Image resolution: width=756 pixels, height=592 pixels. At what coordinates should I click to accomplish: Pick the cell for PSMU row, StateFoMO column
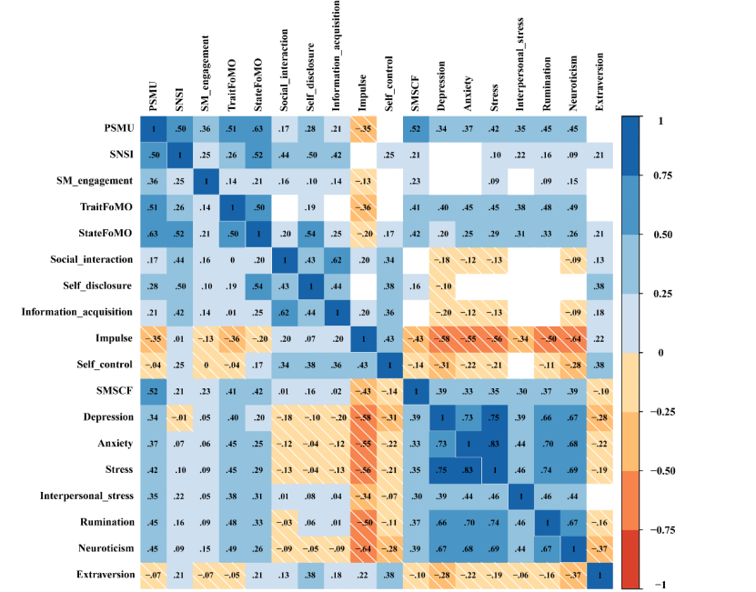[258, 128]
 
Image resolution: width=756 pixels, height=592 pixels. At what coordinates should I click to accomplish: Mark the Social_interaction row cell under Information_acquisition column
[337, 260]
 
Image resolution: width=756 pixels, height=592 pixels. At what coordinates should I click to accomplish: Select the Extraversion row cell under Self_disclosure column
[310, 575]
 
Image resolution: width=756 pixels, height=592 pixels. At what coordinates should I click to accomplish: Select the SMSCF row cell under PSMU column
[154, 391]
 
